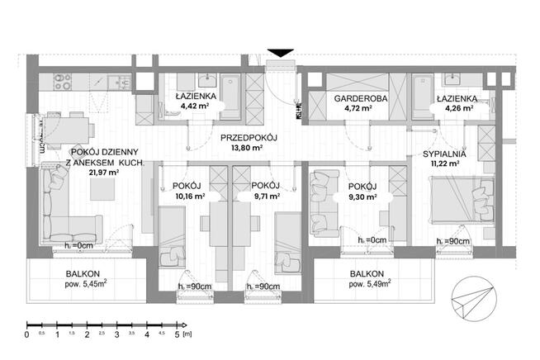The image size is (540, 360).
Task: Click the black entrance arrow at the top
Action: [281, 53]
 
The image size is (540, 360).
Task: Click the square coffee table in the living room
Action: [103, 189]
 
